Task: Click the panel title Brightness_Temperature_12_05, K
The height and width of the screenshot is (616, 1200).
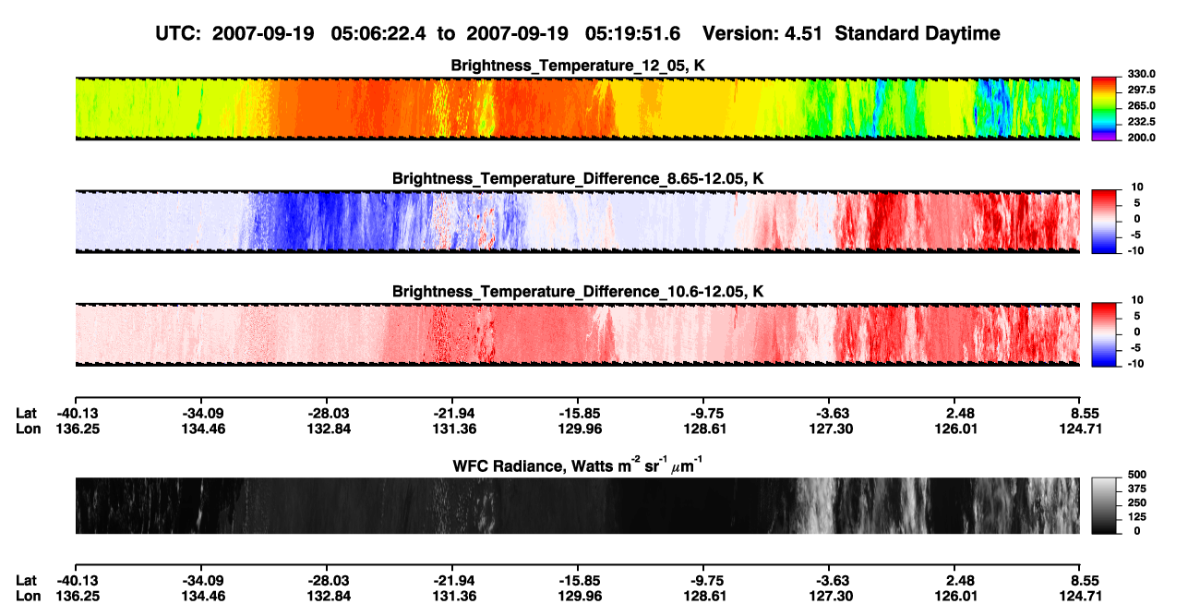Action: click(x=578, y=66)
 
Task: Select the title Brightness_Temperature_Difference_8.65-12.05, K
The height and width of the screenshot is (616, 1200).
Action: click(x=578, y=178)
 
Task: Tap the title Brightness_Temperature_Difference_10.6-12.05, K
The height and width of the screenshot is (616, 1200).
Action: click(x=578, y=292)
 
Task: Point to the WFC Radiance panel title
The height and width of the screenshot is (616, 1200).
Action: click(x=578, y=465)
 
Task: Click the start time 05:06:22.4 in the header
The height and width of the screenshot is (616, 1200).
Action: click(x=378, y=34)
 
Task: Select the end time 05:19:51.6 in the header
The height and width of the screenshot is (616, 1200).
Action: click(x=632, y=34)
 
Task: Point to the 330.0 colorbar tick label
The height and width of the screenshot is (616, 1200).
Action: click(x=1141, y=74)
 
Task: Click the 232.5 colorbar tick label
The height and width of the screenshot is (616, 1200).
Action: click(x=1141, y=122)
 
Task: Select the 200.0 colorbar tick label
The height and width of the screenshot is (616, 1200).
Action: click(x=1141, y=138)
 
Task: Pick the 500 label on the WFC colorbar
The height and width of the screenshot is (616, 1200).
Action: click(x=1137, y=475)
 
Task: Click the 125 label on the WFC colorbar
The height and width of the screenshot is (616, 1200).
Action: click(x=1137, y=517)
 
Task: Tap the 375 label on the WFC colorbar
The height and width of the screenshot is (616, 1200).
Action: click(x=1137, y=489)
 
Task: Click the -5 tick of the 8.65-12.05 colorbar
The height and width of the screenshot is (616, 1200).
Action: click(x=1135, y=235)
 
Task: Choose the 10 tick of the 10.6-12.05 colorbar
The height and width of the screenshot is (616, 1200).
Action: click(x=1137, y=300)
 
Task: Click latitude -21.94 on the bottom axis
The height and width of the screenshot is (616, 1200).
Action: click(x=454, y=581)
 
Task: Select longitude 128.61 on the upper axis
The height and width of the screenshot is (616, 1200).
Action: click(x=705, y=429)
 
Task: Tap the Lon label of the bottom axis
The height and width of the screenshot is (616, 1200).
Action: click(x=28, y=597)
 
